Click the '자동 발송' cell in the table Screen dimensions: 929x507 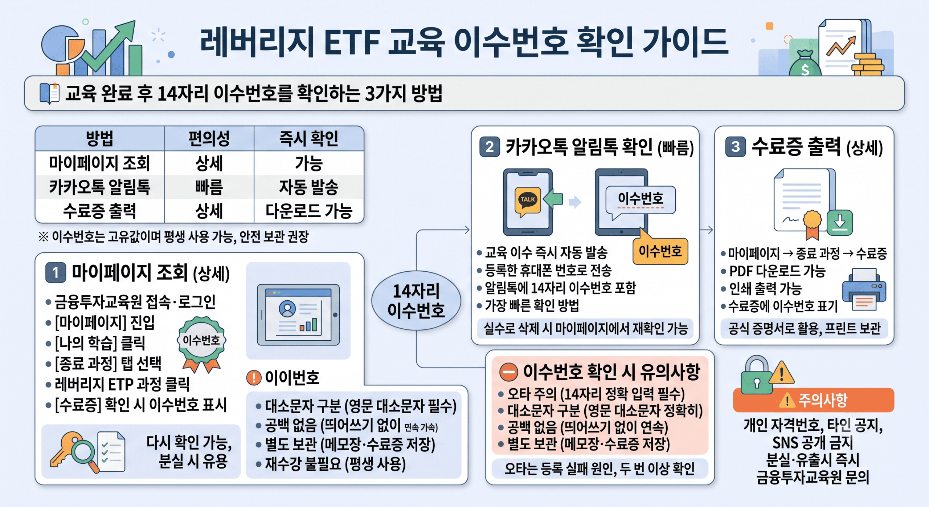[x=308, y=187]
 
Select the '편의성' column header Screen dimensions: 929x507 [x=209, y=138]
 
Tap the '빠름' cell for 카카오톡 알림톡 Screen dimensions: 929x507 [x=209, y=187]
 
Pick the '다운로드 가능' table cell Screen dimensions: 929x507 [x=309, y=211]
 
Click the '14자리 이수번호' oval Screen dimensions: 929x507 [x=416, y=300]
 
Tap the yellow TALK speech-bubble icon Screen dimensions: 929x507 [x=528, y=201]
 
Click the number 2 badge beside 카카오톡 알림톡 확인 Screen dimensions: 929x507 [x=490, y=147]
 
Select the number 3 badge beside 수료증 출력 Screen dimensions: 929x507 [x=736, y=147]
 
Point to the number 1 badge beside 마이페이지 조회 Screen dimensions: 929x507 [x=56, y=272]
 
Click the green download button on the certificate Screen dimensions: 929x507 [x=840, y=222]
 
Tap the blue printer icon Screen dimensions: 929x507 [x=864, y=289]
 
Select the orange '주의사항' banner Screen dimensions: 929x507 [x=814, y=400]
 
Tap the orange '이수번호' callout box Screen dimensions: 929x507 [x=660, y=251]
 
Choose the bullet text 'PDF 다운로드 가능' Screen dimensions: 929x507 [x=777, y=271]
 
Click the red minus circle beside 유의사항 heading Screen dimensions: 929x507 [x=509, y=372]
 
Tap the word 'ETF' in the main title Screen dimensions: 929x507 [x=352, y=42]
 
